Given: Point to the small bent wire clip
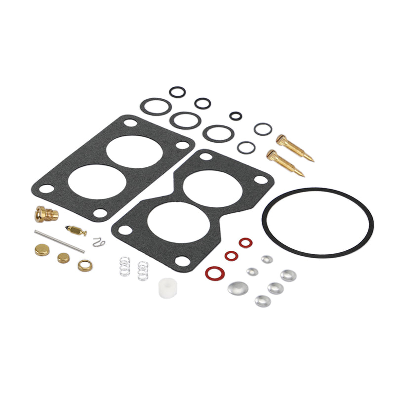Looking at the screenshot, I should pos(99,241).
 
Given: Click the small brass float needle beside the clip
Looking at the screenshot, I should pos(77,230).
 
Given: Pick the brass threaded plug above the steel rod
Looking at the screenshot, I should pos(45,214).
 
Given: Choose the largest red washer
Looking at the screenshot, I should pos(213,272).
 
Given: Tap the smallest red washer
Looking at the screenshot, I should pos(245,242).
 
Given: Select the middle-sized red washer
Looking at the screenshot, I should pos(231,256).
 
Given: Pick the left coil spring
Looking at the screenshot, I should pos(125,268).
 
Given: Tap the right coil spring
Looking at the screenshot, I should pos(143,271).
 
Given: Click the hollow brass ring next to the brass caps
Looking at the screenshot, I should pos(85,265).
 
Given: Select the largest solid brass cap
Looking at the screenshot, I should pos(42,249).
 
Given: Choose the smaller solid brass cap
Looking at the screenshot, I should pos(64,257).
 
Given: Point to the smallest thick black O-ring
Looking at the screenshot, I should pos(236,116).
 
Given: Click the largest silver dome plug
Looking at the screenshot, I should pos(237,288).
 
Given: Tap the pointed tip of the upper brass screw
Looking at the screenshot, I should pos(312,159).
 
